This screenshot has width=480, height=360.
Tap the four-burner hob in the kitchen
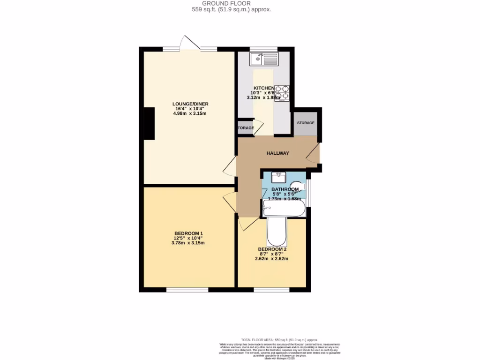(x=282, y=93)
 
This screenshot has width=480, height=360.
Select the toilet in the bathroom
(x=297, y=186)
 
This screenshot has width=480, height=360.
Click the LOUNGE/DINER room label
(x=190, y=104)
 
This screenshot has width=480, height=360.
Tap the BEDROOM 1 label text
(x=188, y=233)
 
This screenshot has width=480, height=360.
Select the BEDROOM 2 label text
(x=272, y=249)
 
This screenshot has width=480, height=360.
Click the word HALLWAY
(x=278, y=153)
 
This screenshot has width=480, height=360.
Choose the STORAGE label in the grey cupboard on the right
(x=305, y=123)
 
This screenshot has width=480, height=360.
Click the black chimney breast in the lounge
(x=150, y=123)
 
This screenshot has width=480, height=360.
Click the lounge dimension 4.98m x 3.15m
(x=190, y=113)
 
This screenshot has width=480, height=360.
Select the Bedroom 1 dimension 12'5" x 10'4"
(x=188, y=238)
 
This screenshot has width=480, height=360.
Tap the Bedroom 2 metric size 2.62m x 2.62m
(x=272, y=259)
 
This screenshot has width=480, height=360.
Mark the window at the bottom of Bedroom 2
(x=272, y=289)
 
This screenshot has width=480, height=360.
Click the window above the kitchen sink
(x=263, y=49)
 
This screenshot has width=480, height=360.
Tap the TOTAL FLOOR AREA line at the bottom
(x=279, y=339)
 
